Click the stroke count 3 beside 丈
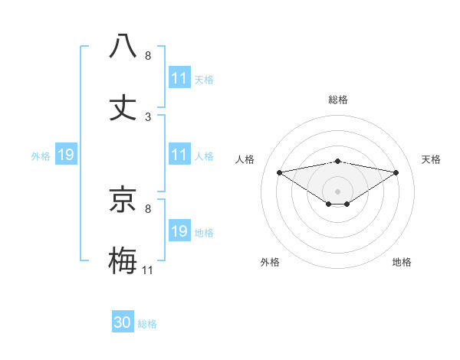tap(148, 117)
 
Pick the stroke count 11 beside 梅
tap(148, 270)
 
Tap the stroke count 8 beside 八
tap(148, 56)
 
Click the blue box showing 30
tap(123, 322)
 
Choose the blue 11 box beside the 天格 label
tap(179, 78)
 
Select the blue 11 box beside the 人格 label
tap(179, 155)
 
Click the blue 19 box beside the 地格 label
tap(179, 231)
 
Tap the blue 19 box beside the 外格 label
tap(66, 155)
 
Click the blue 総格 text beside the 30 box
tap(147, 324)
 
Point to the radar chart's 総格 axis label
tap(337, 100)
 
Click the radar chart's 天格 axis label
tap(431, 159)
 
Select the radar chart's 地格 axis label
tap(402, 262)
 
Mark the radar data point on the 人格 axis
tap(279, 172)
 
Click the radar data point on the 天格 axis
tap(396, 172)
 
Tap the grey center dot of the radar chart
tap(337, 191)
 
